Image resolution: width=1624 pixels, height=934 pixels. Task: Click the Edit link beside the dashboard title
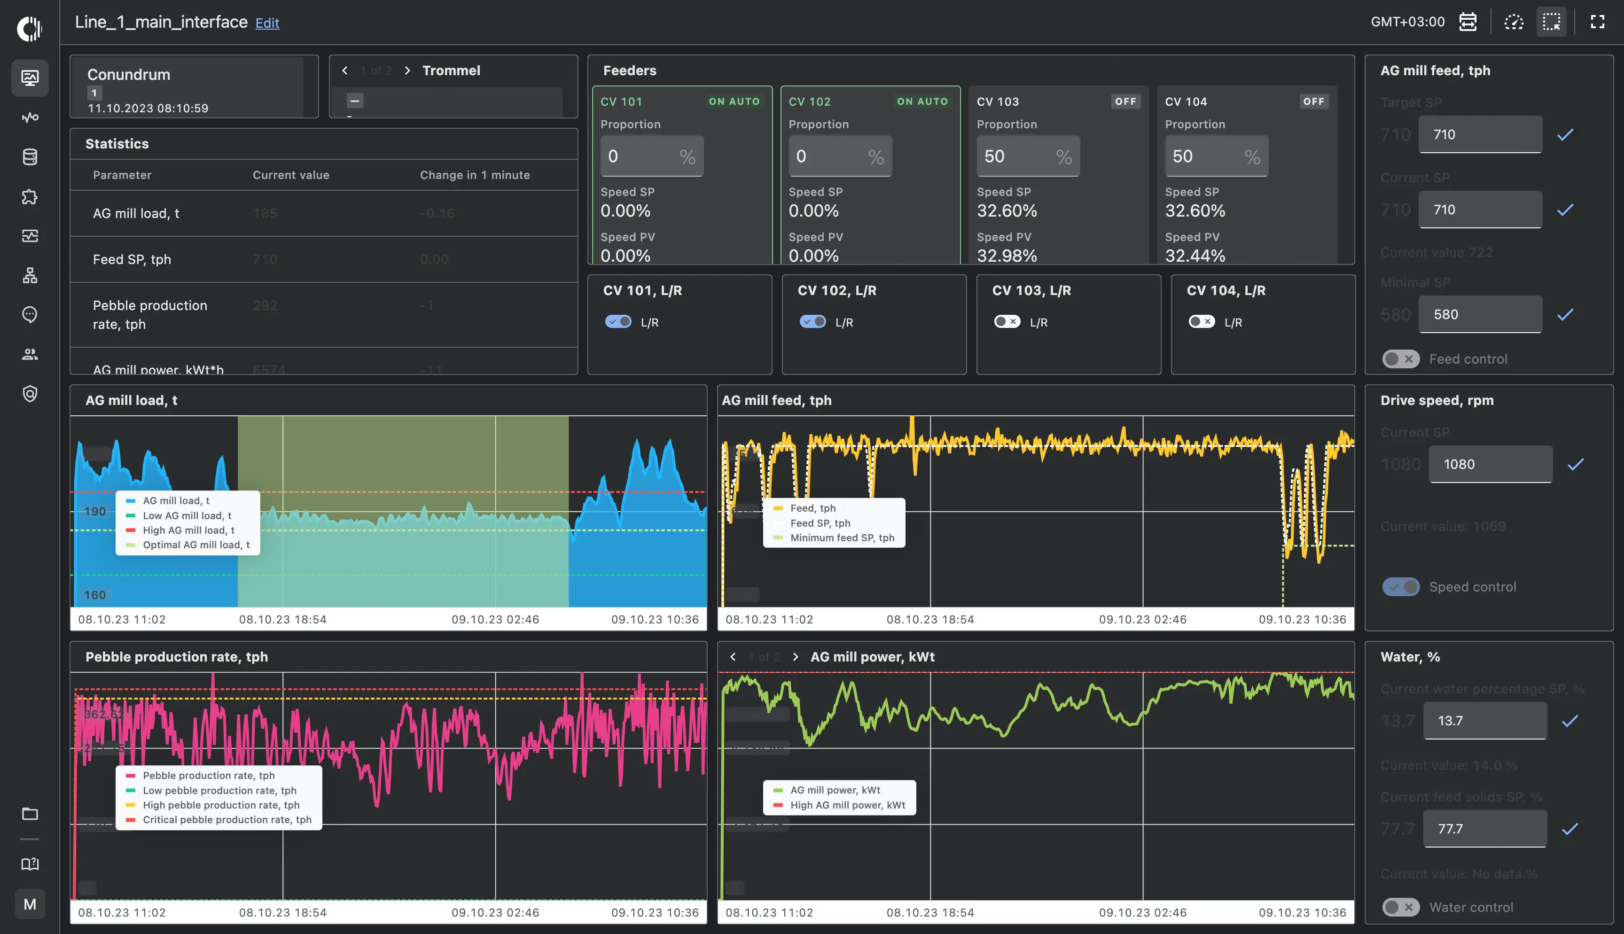tap(267, 23)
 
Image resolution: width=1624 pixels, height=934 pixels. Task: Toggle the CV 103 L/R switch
tap(1007, 321)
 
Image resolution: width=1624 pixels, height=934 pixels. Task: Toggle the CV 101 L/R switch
tap(617, 321)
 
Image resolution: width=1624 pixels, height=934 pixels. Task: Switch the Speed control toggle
tap(1400, 587)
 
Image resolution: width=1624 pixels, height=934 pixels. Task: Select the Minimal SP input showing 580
tap(1479, 314)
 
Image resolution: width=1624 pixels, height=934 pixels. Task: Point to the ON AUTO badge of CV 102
tap(921, 101)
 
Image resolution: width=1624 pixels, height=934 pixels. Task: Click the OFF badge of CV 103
tap(1125, 101)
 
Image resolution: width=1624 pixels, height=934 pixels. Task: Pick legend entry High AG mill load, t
tap(188, 530)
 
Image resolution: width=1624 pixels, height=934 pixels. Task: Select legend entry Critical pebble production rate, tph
tap(226, 820)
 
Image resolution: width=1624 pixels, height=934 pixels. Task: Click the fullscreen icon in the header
tap(1597, 22)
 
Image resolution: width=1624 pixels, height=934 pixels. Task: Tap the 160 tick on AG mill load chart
tap(95, 595)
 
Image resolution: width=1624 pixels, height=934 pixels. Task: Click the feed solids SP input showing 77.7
tap(1484, 829)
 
